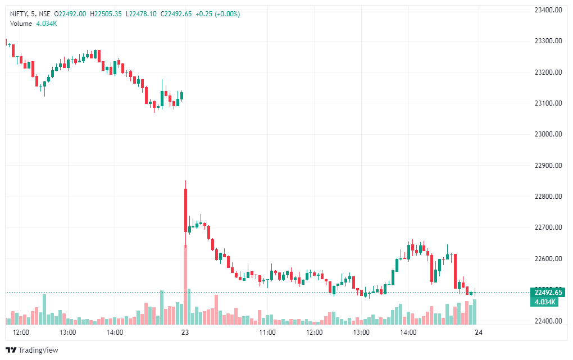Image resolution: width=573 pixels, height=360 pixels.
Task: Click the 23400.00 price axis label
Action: [548, 10]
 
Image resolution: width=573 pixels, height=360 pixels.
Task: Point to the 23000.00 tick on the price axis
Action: [548, 134]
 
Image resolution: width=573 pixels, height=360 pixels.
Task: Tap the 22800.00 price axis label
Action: [548, 197]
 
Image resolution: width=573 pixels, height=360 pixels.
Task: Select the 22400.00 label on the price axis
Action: [548, 321]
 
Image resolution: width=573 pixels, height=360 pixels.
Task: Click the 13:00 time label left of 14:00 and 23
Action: [68, 332]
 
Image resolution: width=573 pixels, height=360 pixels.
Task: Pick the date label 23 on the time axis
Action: [185, 332]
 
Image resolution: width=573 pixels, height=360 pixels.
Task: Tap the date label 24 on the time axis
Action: [479, 332]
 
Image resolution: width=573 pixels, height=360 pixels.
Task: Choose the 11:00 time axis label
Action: [267, 332]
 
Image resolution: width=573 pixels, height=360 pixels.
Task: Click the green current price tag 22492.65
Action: [548, 293]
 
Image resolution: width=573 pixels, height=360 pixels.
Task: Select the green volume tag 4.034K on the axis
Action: [545, 302]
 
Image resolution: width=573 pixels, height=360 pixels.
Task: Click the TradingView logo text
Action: [38, 350]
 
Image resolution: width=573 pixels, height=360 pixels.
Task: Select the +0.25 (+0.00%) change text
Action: [217, 14]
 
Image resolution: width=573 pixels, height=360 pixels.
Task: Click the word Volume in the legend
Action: [21, 23]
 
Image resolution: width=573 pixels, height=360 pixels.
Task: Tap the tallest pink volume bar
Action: [185, 284]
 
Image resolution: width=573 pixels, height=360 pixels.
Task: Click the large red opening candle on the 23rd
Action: [185, 210]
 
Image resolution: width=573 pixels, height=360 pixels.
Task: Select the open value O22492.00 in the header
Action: [71, 14]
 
